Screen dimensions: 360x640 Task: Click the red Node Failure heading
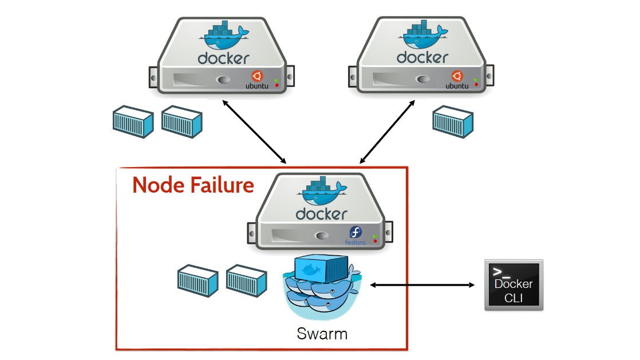click(x=193, y=185)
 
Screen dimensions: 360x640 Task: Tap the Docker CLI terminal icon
click(x=513, y=285)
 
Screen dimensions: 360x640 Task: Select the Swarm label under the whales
click(x=322, y=334)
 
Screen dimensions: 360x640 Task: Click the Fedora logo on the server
click(x=355, y=233)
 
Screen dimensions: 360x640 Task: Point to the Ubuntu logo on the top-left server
click(x=256, y=76)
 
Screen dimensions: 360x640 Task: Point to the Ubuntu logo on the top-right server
click(x=456, y=76)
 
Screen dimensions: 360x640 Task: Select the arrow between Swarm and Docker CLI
click(x=423, y=284)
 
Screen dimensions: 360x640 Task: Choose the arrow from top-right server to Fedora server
click(x=387, y=132)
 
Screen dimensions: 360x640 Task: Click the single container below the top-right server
click(x=452, y=121)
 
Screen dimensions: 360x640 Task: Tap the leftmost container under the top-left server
click(x=132, y=121)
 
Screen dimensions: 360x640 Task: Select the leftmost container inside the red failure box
click(x=197, y=280)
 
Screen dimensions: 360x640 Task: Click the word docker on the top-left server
click(x=223, y=58)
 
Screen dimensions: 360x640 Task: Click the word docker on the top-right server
click(x=422, y=57)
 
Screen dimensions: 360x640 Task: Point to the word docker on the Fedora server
click(x=321, y=214)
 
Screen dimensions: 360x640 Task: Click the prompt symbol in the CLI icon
click(x=501, y=272)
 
